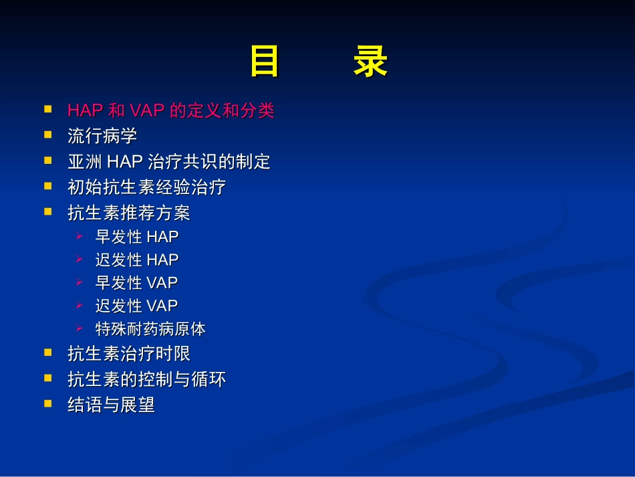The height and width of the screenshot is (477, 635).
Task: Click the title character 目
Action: [265, 63]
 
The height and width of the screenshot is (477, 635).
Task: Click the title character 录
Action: [370, 63]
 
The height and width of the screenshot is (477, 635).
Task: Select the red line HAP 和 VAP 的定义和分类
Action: [171, 111]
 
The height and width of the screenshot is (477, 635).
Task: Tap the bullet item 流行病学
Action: [102, 136]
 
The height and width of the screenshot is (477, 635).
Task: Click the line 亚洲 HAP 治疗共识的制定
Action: [169, 162]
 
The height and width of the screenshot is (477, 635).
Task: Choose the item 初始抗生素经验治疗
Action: [146, 187]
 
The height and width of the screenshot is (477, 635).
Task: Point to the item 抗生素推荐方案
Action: [129, 213]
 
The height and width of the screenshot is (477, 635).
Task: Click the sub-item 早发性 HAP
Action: [137, 237]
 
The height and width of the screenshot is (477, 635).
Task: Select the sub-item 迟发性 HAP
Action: [137, 260]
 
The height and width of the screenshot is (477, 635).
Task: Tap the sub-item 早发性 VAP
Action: [136, 283]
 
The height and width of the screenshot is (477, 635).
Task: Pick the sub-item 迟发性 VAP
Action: [136, 306]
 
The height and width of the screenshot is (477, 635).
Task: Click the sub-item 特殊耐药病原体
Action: [150, 329]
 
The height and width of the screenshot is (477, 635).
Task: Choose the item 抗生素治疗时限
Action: [129, 354]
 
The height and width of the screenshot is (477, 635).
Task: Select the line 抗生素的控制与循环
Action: [146, 379]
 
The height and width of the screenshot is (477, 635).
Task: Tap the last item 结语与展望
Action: [111, 405]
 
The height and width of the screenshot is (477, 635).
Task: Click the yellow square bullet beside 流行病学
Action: [47, 134]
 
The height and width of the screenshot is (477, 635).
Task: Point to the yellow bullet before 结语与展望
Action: [47, 403]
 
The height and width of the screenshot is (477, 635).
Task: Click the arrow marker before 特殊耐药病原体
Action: [80, 328]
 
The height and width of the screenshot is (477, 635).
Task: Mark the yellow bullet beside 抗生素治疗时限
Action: [47, 352]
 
